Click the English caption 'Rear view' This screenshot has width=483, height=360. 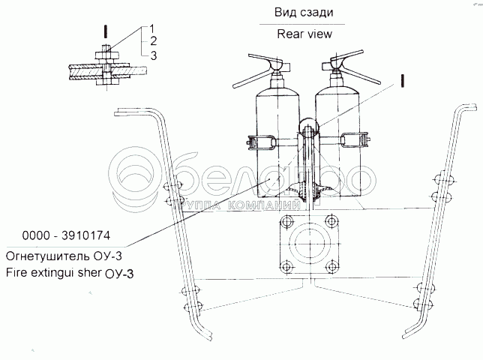tap(304, 34)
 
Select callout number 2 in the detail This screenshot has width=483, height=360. tap(152, 40)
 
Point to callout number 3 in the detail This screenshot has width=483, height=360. tap(152, 55)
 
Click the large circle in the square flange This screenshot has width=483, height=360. tap(307, 244)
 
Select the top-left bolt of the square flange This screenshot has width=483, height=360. tap(285, 223)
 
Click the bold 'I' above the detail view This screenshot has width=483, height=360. tap(106, 31)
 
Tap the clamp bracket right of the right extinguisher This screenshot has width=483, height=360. tap(357, 139)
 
